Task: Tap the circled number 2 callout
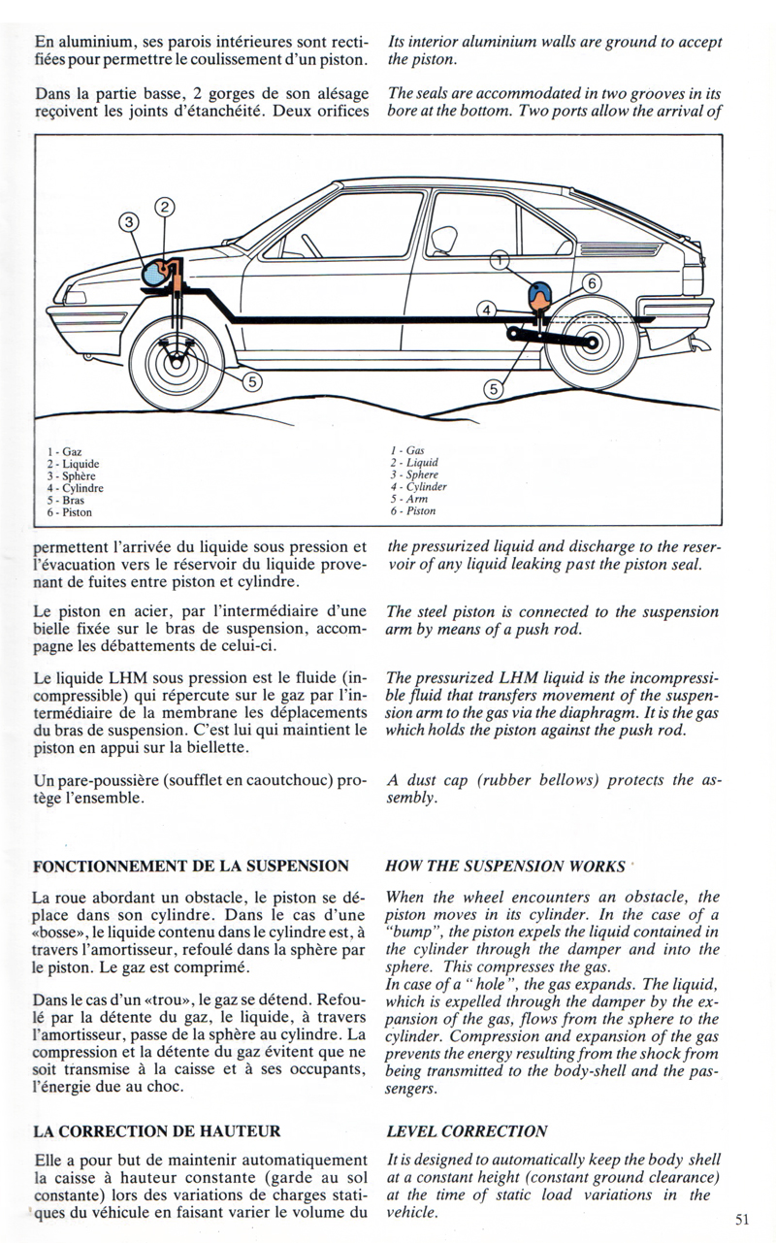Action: [165, 207]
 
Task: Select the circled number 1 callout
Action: [499, 260]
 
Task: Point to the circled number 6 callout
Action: [592, 283]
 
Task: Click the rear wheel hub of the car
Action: [592, 342]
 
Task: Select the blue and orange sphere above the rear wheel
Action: [537, 291]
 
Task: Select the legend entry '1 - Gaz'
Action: [65, 452]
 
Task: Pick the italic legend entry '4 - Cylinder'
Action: [418, 487]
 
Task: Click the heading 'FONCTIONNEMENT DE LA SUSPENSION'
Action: [190, 866]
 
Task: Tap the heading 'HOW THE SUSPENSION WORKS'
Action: [505, 866]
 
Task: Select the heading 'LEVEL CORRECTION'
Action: [466, 1131]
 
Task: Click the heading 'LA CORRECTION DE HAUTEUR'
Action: [157, 1131]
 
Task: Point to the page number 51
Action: [743, 1222]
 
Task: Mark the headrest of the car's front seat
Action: [444, 238]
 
